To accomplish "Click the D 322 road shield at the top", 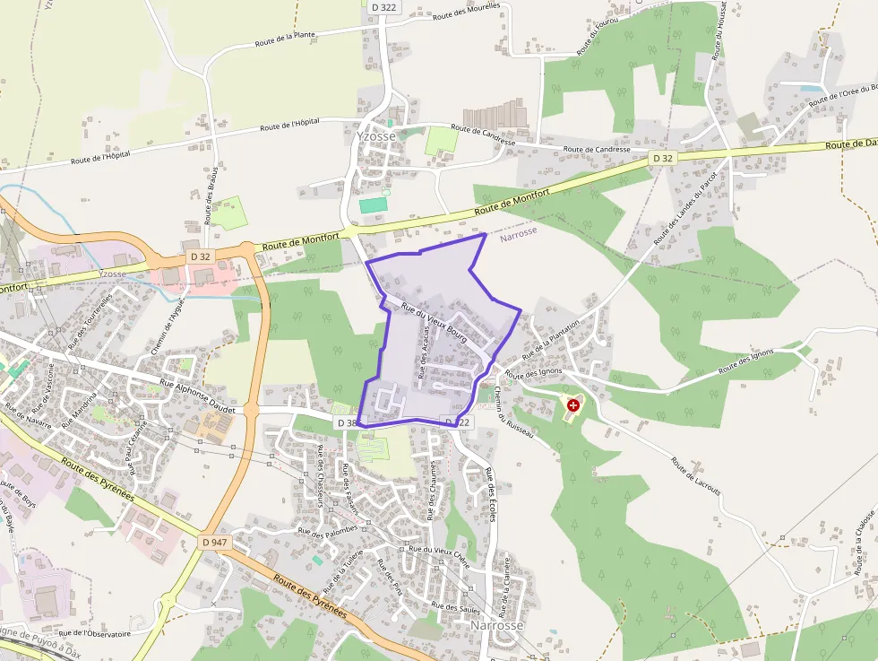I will point(383,7).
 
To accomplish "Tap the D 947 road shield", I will point(214,543).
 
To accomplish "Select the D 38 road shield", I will point(348,422).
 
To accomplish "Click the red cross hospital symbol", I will point(573,405).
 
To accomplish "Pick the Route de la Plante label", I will point(284,39).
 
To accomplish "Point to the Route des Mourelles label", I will point(466,12).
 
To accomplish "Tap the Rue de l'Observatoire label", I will point(94,634).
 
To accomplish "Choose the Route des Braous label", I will point(211,195).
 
